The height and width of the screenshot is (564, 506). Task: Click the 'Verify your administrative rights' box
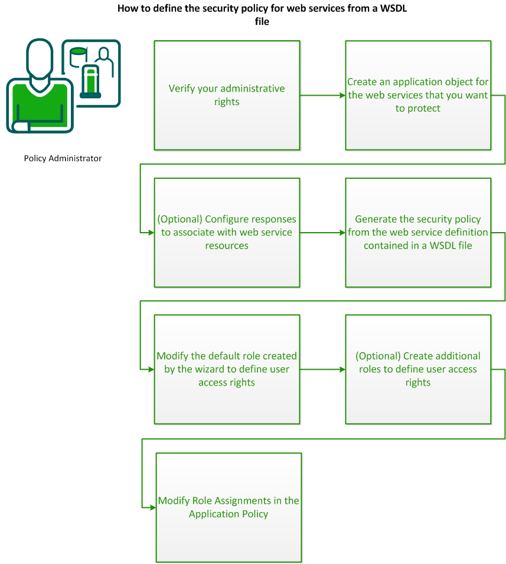[227, 95]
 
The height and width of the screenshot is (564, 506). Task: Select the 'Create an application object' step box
[418, 95]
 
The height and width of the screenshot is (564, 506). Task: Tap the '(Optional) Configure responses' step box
[227, 232]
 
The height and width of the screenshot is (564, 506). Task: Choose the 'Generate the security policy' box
[418, 232]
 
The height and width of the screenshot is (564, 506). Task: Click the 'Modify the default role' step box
[227, 369]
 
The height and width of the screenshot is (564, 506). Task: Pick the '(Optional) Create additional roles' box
[418, 369]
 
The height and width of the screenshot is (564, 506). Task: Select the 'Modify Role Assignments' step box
[228, 507]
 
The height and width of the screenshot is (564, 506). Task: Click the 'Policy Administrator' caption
[63, 158]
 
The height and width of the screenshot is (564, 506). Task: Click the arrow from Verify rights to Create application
[322, 95]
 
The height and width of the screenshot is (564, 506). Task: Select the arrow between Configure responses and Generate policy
[322, 232]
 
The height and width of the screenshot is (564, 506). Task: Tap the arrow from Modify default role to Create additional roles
[322, 369]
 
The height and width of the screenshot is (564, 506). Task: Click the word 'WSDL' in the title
[393, 9]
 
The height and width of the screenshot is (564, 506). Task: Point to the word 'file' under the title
[262, 21]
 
